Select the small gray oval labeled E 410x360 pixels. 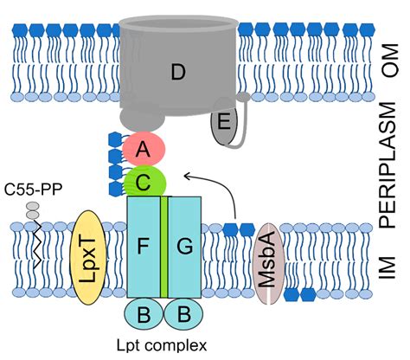pyautogui.click(x=224, y=123)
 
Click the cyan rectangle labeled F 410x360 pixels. pyautogui.click(x=143, y=247)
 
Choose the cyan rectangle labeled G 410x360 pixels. pyautogui.click(x=184, y=247)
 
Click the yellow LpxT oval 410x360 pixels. pyautogui.click(x=91, y=258)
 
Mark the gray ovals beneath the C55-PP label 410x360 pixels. pyautogui.click(x=33, y=210)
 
